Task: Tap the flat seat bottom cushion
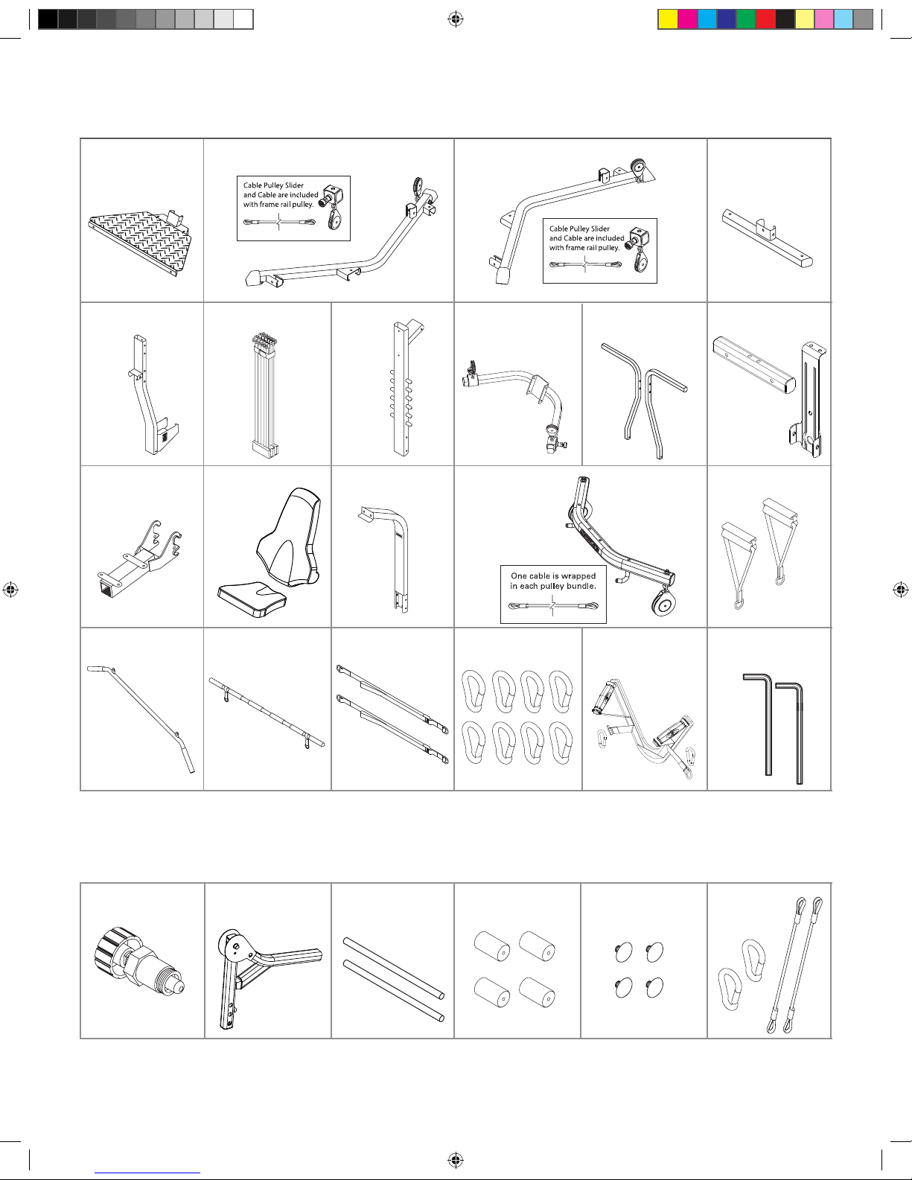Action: tap(252, 599)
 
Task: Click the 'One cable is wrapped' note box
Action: tap(553, 594)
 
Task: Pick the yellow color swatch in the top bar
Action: tap(667, 19)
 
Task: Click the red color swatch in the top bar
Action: tap(765, 19)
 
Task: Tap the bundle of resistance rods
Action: tap(265, 394)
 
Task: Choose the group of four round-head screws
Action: tap(640, 969)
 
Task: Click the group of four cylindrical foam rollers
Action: tap(514, 969)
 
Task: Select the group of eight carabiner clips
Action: tap(517, 717)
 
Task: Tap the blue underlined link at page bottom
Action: tap(147, 1173)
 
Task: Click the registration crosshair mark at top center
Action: tap(456, 20)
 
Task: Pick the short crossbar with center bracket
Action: tap(767, 237)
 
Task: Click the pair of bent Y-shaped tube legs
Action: tap(644, 401)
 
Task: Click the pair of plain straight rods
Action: tap(394, 979)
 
